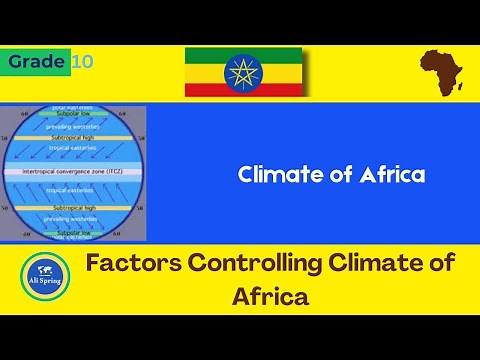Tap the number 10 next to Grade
[x=83, y=62]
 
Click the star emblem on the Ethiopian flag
[x=244, y=71]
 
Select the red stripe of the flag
[x=244, y=90]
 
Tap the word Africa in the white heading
[x=394, y=175]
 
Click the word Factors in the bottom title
[x=136, y=266]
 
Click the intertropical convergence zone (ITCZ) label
[x=74, y=172]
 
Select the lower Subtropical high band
[x=74, y=207]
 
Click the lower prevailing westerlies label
[x=74, y=220]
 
